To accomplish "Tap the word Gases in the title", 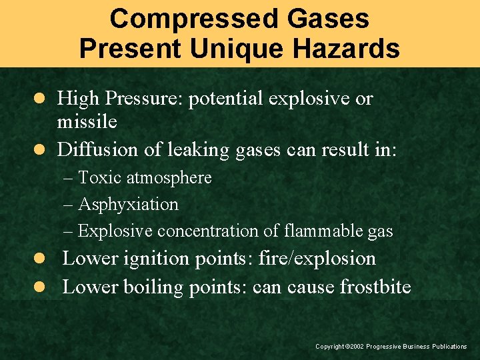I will click(x=329, y=19).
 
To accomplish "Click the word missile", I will click(x=87, y=121).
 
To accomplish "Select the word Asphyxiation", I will click(x=129, y=204).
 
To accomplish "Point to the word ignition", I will click(x=159, y=258).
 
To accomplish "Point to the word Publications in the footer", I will click(x=449, y=347).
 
